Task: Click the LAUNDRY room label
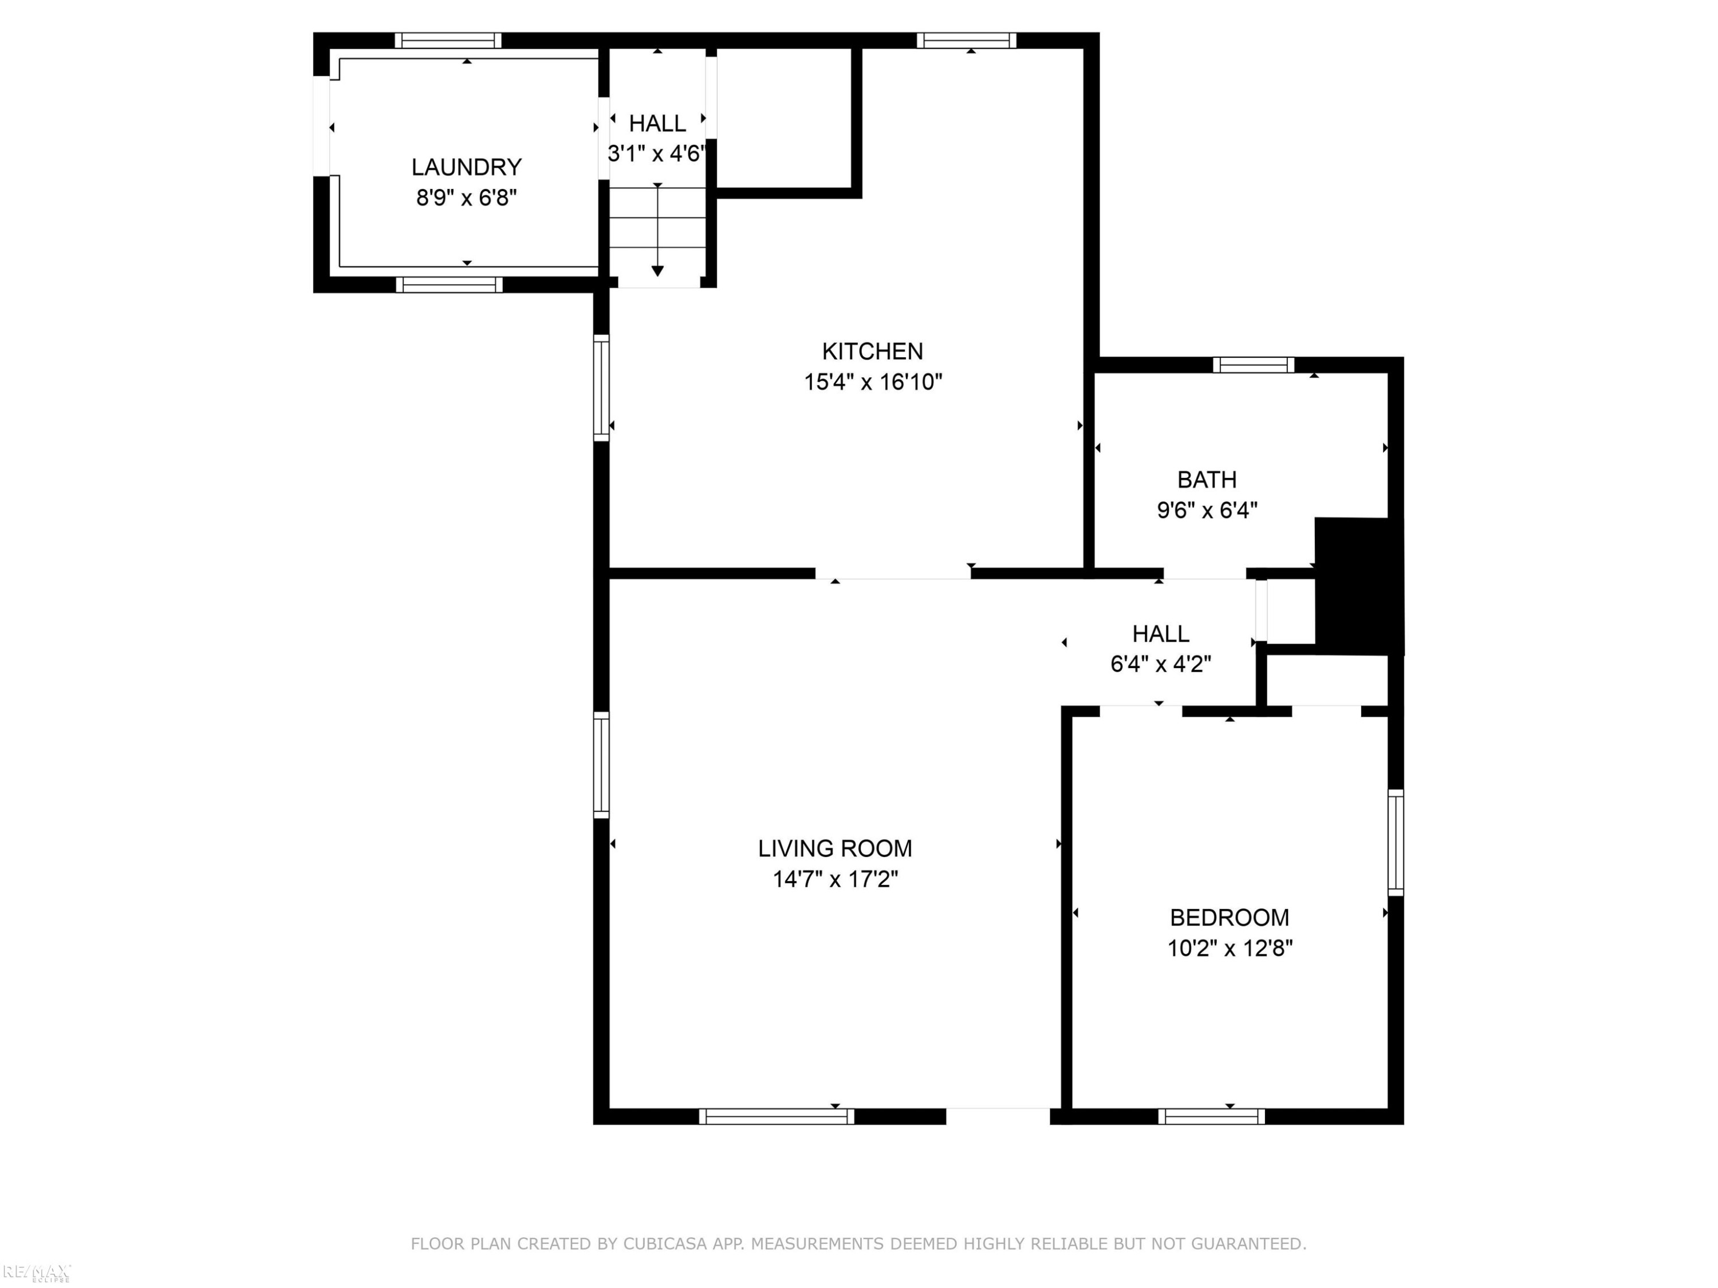click(x=466, y=167)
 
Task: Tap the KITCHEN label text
click(x=872, y=351)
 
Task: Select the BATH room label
click(x=1207, y=480)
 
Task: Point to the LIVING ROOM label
click(x=835, y=848)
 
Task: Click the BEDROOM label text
click(x=1230, y=918)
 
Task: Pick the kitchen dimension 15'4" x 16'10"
click(x=873, y=382)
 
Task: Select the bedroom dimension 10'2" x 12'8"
click(x=1230, y=948)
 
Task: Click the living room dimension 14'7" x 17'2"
click(x=835, y=879)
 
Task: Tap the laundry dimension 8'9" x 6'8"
click(x=466, y=198)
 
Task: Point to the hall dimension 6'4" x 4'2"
click(x=1160, y=665)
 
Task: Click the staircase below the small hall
click(x=657, y=237)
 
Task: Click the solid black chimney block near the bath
click(x=1358, y=586)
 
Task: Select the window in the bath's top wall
click(x=1254, y=365)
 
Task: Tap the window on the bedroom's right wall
click(x=1396, y=843)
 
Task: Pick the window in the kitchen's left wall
click(x=601, y=388)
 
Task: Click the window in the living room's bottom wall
click(x=776, y=1116)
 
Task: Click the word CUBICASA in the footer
click(x=665, y=1244)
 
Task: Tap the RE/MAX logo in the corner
click(x=37, y=1272)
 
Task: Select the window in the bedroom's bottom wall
click(x=1212, y=1116)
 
